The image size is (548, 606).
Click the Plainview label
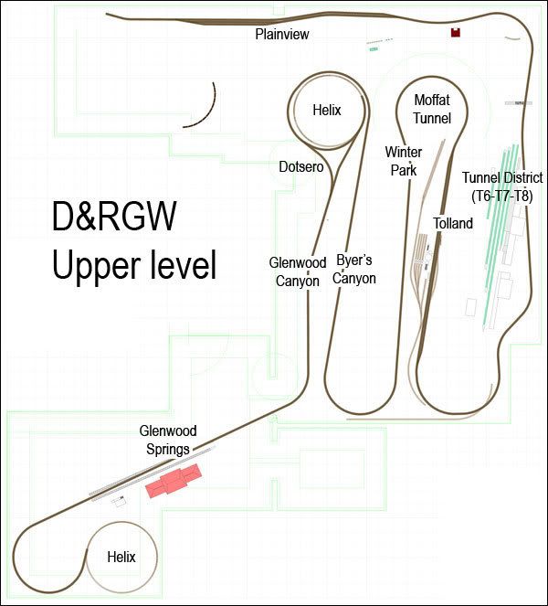coord(282,34)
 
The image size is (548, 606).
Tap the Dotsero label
coord(301,167)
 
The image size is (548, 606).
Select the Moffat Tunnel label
coord(432,109)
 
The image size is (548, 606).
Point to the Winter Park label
coord(403,161)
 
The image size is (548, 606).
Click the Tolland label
coord(453,223)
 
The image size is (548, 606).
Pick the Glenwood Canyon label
coord(298,271)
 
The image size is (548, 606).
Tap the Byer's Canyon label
coord(354,269)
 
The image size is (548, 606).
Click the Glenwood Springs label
coord(168,441)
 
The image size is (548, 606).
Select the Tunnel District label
coord(502,178)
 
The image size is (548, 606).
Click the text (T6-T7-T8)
coord(502,197)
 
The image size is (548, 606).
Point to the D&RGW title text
coord(114,217)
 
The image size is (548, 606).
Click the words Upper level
coord(134,265)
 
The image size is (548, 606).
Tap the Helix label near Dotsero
coord(327,111)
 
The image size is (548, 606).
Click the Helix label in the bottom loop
coord(121,557)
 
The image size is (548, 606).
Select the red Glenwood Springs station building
coord(174,481)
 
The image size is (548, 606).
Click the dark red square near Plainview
coord(456,33)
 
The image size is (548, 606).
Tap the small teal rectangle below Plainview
coord(373,49)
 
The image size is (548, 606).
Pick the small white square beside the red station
coord(119,501)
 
